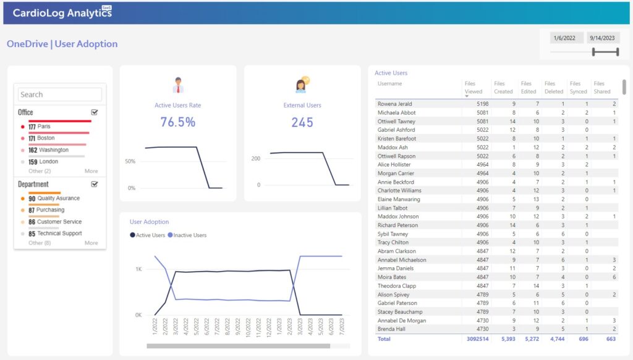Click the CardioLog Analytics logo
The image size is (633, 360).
click(62, 12)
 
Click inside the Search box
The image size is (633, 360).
click(60, 95)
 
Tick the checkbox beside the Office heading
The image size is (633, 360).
click(94, 113)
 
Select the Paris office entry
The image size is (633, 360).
click(43, 127)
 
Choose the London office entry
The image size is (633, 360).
click(48, 162)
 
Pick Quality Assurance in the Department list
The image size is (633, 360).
click(58, 199)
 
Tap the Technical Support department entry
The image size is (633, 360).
click(59, 234)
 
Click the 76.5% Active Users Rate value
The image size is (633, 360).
click(177, 122)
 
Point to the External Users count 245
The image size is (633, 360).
click(302, 122)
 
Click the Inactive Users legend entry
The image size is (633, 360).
click(190, 235)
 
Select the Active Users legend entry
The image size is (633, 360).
click(150, 235)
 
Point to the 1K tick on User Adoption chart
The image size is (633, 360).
click(139, 270)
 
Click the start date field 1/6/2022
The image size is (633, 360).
click(565, 38)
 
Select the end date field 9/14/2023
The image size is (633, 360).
click(603, 38)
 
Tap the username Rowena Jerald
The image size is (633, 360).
click(394, 104)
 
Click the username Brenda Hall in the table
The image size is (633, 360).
click(391, 329)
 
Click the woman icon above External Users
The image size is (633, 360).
click(302, 85)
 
